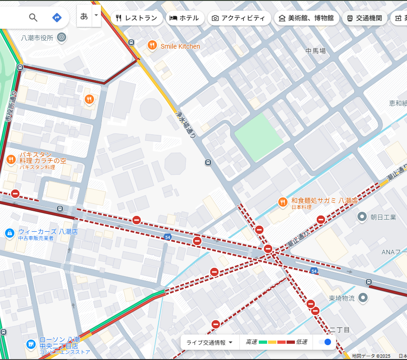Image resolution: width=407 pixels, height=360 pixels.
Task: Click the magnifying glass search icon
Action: [33, 18]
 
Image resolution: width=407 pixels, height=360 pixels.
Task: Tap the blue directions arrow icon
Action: [56, 18]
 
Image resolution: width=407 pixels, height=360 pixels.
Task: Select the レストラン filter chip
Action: [137, 18]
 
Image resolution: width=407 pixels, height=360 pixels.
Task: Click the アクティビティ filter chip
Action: [238, 18]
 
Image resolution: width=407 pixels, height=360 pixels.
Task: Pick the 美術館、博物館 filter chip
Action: [306, 18]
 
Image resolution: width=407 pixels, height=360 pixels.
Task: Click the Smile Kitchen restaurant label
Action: [180, 46]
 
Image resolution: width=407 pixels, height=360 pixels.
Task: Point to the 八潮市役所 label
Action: [37, 38]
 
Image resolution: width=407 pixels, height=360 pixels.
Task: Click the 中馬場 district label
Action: [315, 51]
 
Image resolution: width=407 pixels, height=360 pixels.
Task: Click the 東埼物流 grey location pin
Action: [363, 297]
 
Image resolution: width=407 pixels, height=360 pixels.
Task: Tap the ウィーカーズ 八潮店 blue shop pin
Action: [9, 233]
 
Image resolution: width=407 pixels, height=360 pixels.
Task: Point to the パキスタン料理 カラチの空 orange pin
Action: [11, 160]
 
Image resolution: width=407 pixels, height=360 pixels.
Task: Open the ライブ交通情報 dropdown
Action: [209, 342]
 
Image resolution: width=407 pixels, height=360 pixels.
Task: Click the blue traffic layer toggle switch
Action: [325, 342]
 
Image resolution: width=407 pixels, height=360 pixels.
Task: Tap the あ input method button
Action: [84, 16]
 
